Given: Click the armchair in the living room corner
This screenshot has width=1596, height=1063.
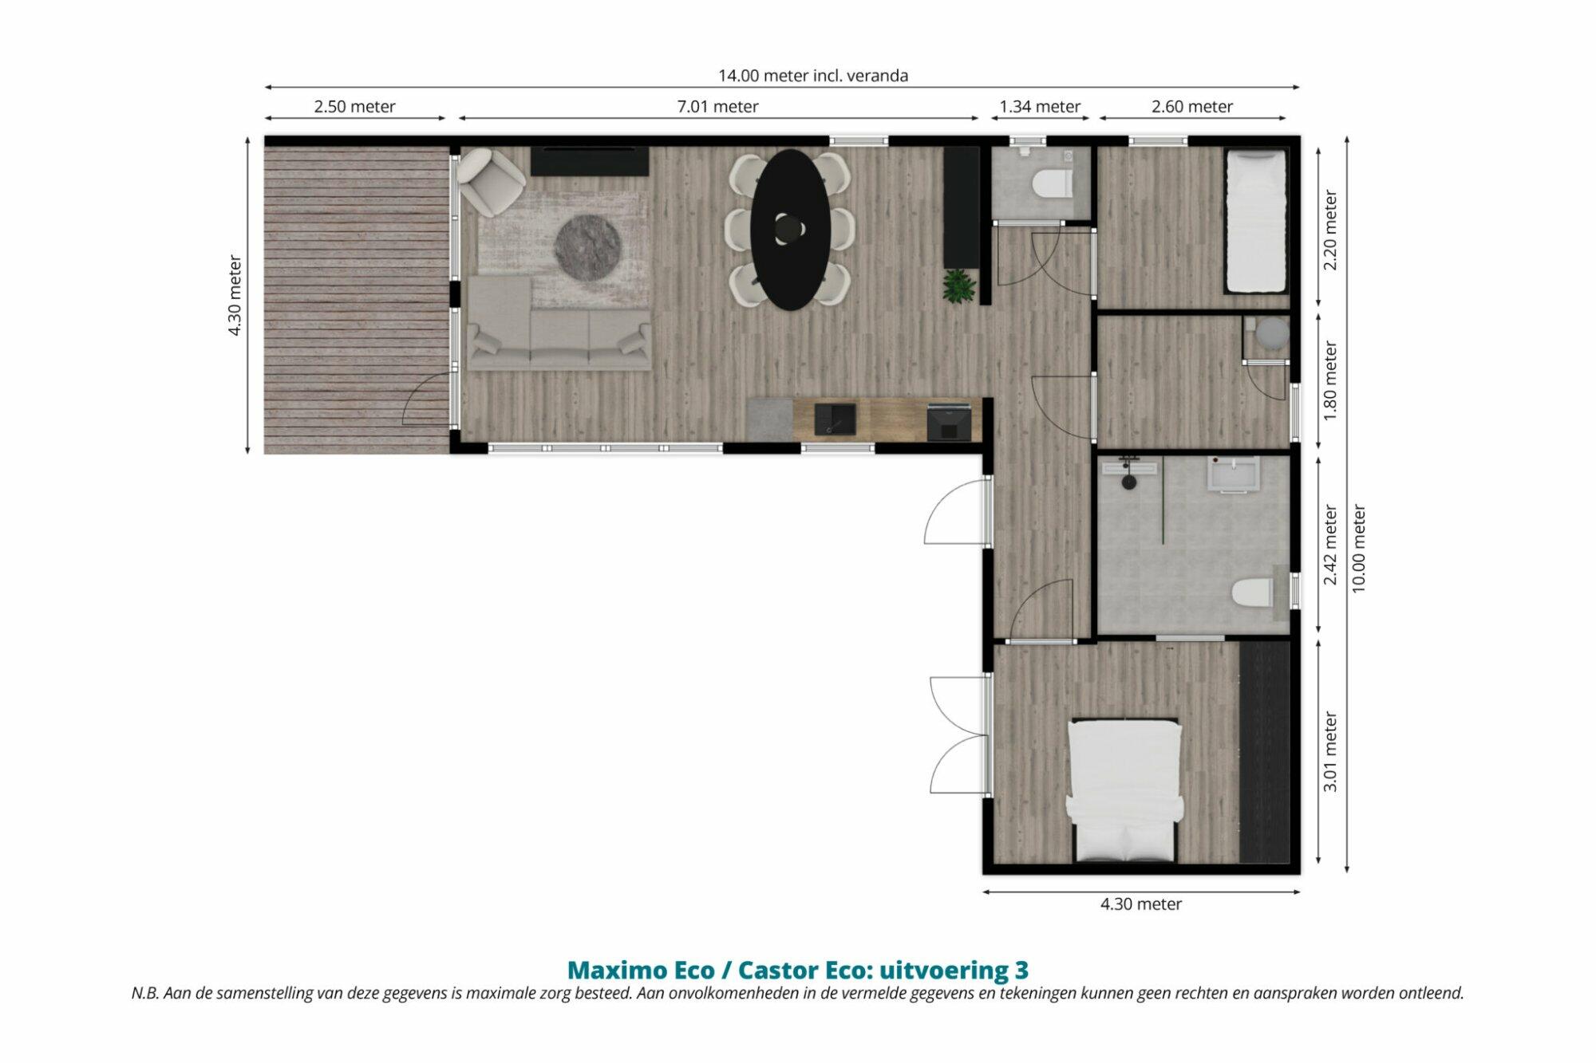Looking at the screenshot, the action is pyautogui.click(x=492, y=181).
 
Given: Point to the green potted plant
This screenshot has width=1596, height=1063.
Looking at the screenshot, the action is pyautogui.click(x=958, y=286).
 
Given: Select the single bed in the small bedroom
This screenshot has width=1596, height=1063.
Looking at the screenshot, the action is pyautogui.click(x=1255, y=222).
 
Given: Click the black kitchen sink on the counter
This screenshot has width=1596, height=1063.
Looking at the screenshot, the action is pyautogui.click(x=835, y=419).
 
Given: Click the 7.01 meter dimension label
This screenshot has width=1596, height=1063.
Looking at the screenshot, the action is pyautogui.click(x=717, y=107).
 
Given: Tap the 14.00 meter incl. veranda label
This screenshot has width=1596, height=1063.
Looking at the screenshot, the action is pyautogui.click(x=813, y=76).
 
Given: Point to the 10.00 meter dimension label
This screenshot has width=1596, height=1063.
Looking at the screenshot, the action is pyautogui.click(x=1359, y=549).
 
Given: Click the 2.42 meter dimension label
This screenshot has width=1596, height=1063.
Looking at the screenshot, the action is pyautogui.click(x=1330, y=545).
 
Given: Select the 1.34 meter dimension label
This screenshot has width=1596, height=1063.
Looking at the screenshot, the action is pyautogui.click(x=1040, y=107).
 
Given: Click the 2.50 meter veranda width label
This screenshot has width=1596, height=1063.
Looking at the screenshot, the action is pyautogui.click(x=354, y=107).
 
